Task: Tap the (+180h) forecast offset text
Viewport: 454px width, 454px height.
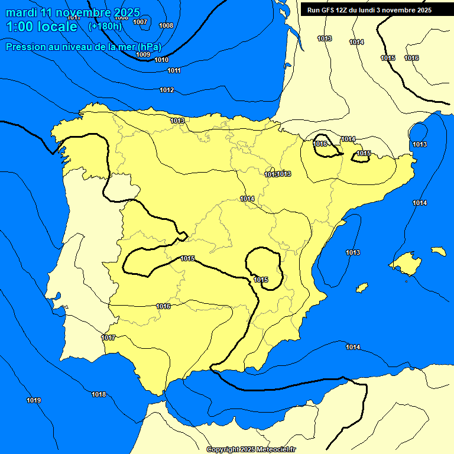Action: coord(105,26)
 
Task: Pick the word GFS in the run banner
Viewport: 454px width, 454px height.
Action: coord(329,10)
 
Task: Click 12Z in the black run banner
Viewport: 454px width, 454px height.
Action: coord(345,10)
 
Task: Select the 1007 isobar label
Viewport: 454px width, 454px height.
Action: coord(140,22)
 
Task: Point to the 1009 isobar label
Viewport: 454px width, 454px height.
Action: coord(143,54)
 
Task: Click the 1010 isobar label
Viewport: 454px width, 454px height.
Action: coord(161,60)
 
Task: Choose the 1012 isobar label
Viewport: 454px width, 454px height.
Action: coord(167,90)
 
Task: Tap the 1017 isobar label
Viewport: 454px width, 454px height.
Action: coord(108,338)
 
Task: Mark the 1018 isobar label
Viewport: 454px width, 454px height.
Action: coord(99,394)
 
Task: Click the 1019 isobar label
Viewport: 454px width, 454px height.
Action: coord(34,400)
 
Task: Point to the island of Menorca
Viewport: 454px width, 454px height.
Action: coord(438,251)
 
